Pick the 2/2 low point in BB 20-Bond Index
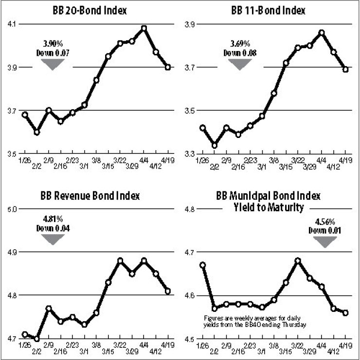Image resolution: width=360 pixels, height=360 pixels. pos(37,132)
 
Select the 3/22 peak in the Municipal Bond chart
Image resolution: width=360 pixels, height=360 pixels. pos(298,260)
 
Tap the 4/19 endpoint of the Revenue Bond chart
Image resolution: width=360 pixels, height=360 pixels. pos(168,291)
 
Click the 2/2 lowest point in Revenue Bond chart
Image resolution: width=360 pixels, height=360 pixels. pos(36,339)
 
